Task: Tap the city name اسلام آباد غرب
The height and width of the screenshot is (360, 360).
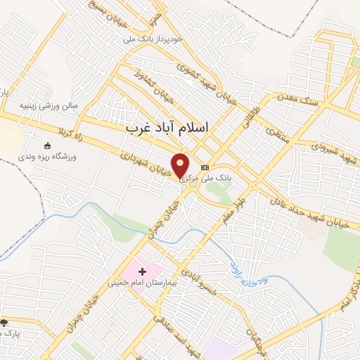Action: tap(171, 129)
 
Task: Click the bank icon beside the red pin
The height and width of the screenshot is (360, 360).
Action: tap(205, 167)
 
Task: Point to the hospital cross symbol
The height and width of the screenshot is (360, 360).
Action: tap(142, 271)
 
